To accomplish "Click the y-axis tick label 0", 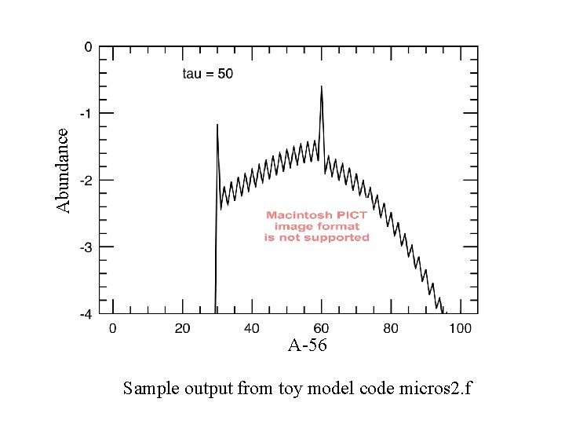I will [x=89, y=47].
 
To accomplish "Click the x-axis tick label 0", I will [x=112, y=327].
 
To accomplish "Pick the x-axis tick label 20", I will [x=181, y=327].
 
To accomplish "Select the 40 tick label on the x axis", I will [x=251, y=327].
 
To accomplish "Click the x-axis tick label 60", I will [x=321, y=327].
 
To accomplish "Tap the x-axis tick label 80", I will [x=391, y=327].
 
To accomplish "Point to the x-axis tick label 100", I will [x=460, y=327].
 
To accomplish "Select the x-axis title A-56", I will [x=308, y=345].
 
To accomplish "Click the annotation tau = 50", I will [x=207, y=74].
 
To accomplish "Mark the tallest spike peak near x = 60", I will [x=322, y=86].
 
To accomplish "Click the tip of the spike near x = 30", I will [x=217, y=125].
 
